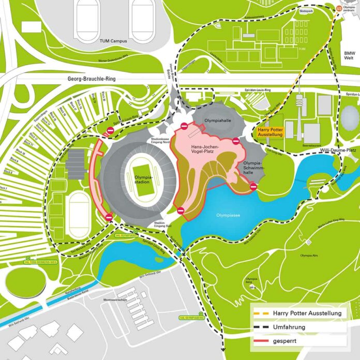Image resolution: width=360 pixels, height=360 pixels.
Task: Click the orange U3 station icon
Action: tap(339, 8)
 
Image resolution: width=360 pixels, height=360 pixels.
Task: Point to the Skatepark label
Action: tap(306, 10)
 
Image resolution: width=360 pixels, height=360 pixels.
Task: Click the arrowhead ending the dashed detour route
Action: tap(223, 351)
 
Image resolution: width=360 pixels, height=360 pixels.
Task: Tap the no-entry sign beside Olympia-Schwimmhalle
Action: tap(253, 186)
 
